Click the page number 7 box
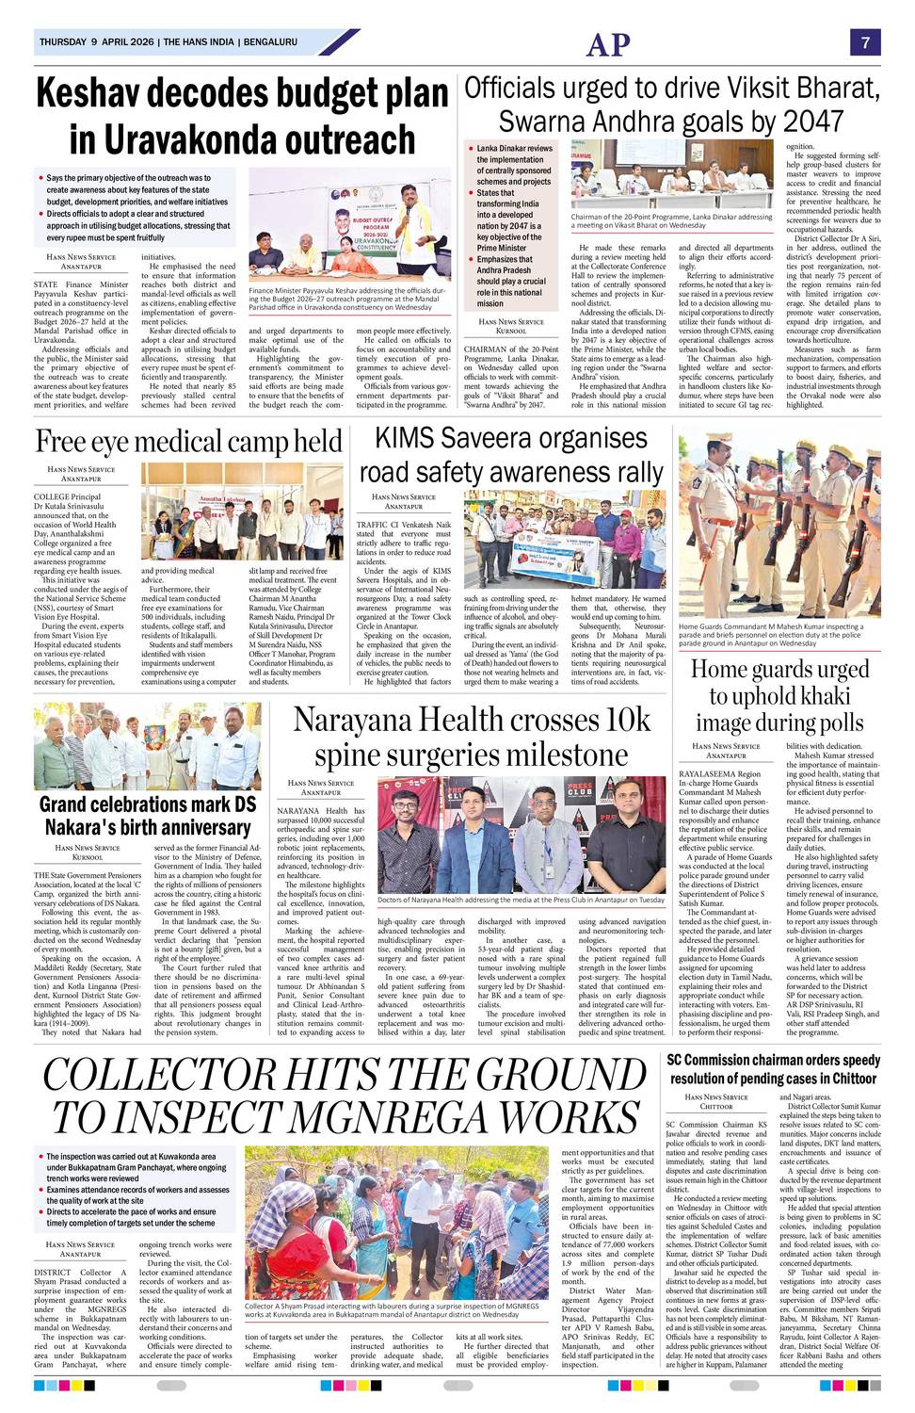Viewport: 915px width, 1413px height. pos(864,42)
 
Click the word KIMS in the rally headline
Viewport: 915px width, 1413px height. pos(414,438)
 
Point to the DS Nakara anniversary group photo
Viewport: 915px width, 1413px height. pos(148,746)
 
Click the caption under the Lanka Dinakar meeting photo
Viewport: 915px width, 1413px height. pos(671,221)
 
